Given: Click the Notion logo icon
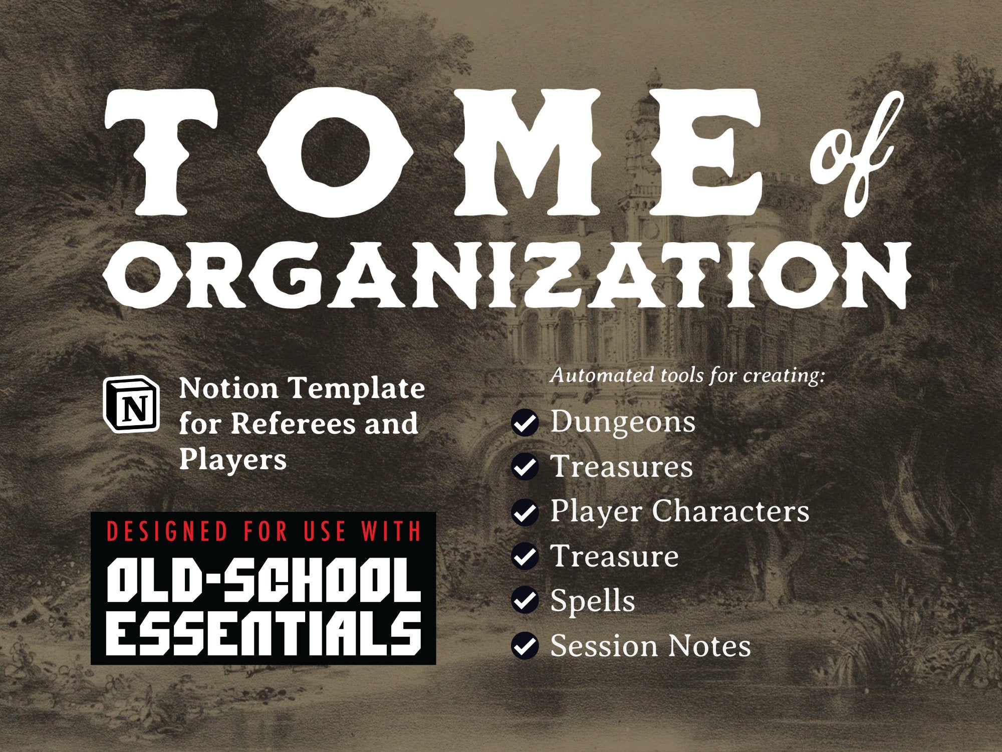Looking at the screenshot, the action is [x=131, y=404].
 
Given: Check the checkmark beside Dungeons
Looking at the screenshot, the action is [x=525, y=423].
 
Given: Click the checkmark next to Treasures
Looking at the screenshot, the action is [x=525, y=468].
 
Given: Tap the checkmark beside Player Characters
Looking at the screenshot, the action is [x=525, y=512].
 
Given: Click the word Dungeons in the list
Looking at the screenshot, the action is [x=623, y=423].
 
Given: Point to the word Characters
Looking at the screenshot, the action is [x=730, y=511].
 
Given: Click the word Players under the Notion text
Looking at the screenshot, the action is [x=233, y=459].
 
